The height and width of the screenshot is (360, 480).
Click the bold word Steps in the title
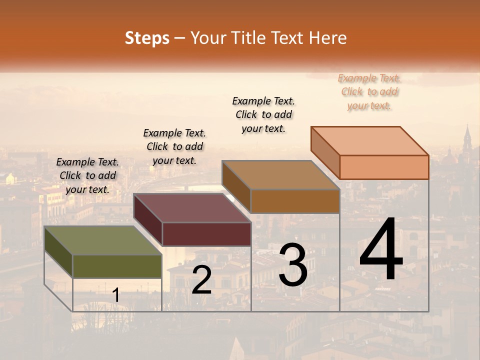[x=147, y=38]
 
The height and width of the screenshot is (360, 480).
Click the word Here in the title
[x=328, y=38]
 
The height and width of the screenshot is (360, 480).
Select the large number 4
[x=381, y=250]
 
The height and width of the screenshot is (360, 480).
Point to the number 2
[x=201, y=280]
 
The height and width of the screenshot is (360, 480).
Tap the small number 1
[x=116, y=295]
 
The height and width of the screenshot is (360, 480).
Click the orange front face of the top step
[x=384, y=167]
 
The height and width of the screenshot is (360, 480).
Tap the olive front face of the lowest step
[x=117, y=266]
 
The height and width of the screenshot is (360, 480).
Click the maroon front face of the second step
[x=206, y=234]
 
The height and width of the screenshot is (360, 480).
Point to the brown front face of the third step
[x=295, y=201]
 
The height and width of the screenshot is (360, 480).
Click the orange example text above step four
[x=369, y=92]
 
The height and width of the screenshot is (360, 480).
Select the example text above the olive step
[x=87, y=176]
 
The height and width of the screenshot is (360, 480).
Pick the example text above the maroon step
[x=174, y=146]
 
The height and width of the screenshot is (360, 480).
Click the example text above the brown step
[x=263, y=114]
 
